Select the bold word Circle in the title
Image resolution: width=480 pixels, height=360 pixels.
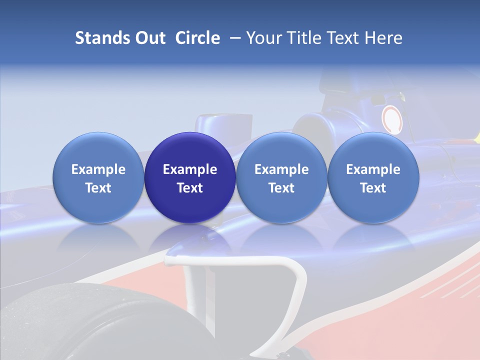point(197,38)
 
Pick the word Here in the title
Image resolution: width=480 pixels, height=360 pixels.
point(383,38)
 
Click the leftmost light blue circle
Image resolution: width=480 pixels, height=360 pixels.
point(98,177)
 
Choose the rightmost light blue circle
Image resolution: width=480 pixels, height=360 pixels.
point(373,177)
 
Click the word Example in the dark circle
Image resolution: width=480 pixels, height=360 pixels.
point(190,169)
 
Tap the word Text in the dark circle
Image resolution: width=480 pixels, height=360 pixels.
point(190,188)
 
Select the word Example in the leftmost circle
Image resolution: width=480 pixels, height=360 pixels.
point(98,169)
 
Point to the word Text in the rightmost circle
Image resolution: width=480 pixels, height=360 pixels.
point(373,188)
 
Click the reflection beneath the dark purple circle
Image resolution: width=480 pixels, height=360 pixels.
point(190,240)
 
